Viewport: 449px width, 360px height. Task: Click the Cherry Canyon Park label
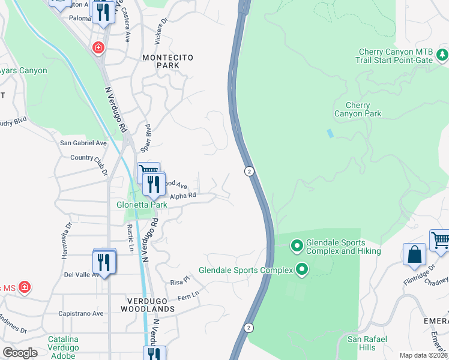coord(358,109)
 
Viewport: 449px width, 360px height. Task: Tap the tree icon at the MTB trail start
coord(442,55)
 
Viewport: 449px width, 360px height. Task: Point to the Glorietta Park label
coord(141,204)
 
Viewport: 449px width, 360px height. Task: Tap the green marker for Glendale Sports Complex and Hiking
coord(297,245)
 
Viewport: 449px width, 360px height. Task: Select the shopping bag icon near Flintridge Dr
coord(414,254)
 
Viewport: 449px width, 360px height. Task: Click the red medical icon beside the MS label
coord(25,288)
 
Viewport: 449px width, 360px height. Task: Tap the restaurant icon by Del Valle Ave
coord(104,262)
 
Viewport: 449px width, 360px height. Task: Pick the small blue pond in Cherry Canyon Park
coord(330,133)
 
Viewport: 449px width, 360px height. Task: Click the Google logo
coord(20,352)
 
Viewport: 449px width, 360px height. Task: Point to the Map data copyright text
coord(423,355)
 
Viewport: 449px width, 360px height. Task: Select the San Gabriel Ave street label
coord(83,143)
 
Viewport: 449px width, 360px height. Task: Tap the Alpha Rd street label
coord(183,196)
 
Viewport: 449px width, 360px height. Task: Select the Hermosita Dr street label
coord(67,241)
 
